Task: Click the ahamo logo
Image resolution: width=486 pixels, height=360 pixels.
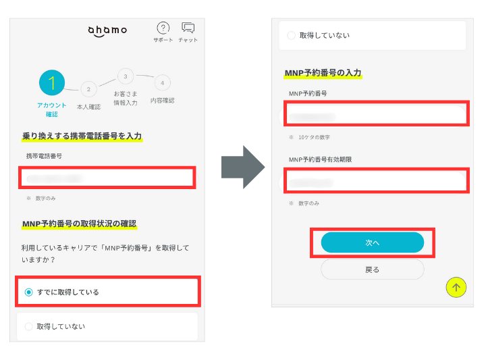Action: pyautogui.click(x=107, y=31)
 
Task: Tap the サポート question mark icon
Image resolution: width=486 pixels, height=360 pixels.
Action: pyautogui.click(x=163, y=28)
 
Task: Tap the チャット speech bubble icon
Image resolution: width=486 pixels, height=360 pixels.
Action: pyautogui.click(x=188, y=28)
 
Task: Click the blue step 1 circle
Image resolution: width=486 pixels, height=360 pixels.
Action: pyautogui.click(x=52, y=82)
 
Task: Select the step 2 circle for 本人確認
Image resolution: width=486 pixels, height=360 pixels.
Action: pyautogui.click(x=88, y=88)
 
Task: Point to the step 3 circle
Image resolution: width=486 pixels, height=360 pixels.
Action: pyautogui.click(x=125, y=76)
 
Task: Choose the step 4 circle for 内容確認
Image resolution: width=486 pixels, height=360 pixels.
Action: pyautogui.click(x=161, y=82)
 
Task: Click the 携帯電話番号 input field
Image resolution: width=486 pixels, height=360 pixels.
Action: pyautogui.click(x=107, y=178)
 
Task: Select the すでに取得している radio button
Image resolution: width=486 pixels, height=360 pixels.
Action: pyautogui.click(x=29, y=292)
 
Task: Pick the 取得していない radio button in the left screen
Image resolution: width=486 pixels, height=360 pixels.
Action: pyautogui.click(x=29, y=326)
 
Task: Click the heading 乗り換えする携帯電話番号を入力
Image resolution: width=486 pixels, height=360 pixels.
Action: pyautogui.click(x=82, y=136)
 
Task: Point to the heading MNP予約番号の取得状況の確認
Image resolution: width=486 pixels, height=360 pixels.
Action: pyautogui.click(x=80, y=223)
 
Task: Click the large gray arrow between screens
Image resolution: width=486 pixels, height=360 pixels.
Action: pyautogui.click(x=243, y=166)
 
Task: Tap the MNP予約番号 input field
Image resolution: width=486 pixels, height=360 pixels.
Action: pyautogui.click(x=375, y=115)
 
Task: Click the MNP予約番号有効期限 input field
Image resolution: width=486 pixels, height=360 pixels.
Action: pyautogui.click(x=375, y=182)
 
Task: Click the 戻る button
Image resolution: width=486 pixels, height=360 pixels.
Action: pyautogui.click(x=372, y=269)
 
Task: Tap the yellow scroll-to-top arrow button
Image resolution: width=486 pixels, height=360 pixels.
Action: pyautogui.click(x=456, y=288)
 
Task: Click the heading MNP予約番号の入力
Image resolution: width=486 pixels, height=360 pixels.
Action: pyautogui.click(x=323, y=73)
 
